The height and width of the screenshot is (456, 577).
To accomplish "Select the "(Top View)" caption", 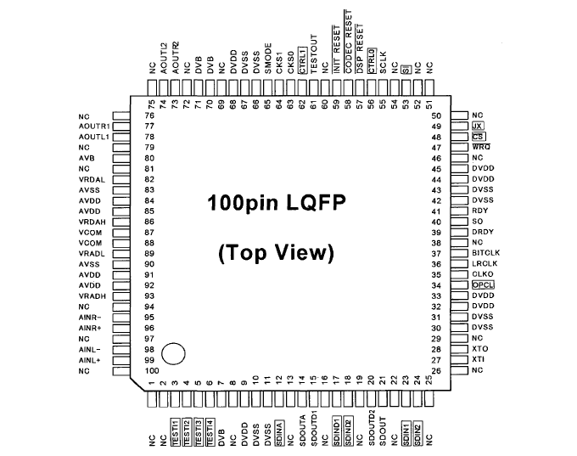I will coord(277,252).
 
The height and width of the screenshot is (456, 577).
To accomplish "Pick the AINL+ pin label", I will coord(91,360).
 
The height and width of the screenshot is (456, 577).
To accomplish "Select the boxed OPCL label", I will coord(483,285).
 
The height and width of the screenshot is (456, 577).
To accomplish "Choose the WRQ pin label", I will coord(481,147).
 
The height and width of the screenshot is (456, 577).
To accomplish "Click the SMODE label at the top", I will coord(267,63).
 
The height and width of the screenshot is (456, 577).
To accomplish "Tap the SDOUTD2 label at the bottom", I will coord(372,428).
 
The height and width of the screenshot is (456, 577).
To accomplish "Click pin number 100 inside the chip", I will coord(153,371).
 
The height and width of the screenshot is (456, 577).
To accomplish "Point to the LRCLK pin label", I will coord(483,264).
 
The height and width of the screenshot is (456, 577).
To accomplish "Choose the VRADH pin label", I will coord(90,296).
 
